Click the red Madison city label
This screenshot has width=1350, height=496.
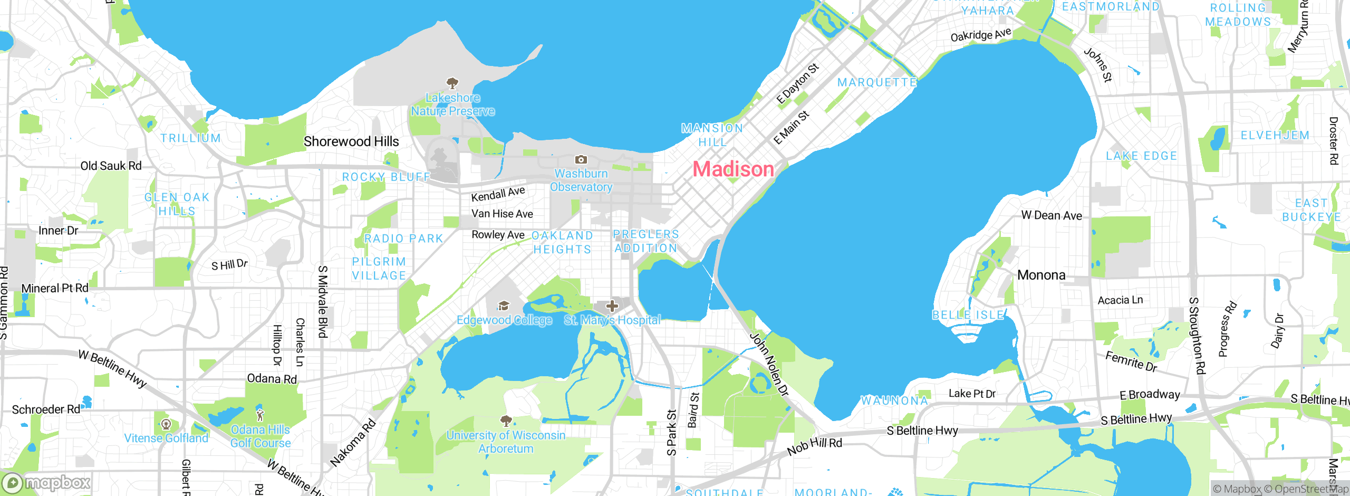pos(733,169)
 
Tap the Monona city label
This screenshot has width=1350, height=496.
pos(1041,275)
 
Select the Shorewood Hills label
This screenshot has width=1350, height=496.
pos(351,141)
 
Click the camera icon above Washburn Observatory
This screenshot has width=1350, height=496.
pos(581,159)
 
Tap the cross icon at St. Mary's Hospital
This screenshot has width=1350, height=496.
pos(612,306)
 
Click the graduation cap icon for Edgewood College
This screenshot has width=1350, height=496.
pos(504,306)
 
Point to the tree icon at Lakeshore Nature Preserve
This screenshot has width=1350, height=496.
pos(452,83)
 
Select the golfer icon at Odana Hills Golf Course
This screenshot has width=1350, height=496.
pos(259,415)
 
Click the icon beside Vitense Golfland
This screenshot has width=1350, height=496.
pos(166,424)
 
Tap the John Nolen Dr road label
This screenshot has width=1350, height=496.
pos(769,364)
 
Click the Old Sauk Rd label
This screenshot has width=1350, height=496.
pos(111,166)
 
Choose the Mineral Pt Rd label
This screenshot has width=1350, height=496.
pos(55,288)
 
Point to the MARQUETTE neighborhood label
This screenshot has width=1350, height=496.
pos(877,82)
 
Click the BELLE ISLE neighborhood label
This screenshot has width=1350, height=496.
pos(968,315)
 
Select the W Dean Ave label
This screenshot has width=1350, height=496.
pos(1051,215)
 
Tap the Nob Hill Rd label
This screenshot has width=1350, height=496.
pos(814,446)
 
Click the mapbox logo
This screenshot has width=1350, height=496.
pos(46,482)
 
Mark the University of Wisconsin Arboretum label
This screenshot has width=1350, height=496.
pos(506,442)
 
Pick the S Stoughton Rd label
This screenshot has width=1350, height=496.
pos(1196,336)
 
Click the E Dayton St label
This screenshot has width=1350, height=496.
pos(797,83)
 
